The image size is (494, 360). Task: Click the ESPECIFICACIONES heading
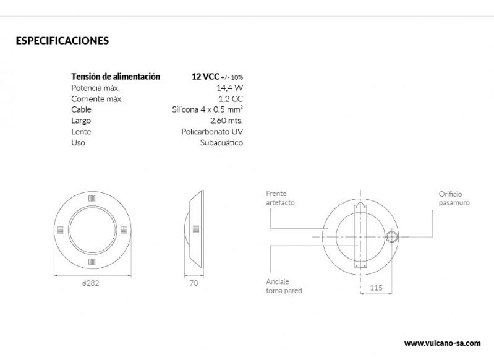pos(62,41)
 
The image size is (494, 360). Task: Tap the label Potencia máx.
pos(91,88)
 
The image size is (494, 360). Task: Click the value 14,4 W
pos(231,88)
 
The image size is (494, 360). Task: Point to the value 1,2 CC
pos(231,99)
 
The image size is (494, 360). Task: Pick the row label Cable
pos(82,109)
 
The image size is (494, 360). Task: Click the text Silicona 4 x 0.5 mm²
pos(207,109)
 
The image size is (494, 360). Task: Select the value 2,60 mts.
pos(227,121)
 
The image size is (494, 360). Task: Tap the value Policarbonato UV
pos(212,132)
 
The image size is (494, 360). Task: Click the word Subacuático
pos(221,143)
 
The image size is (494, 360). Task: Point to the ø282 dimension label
pos(91,284)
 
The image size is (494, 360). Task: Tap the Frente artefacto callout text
pos(280,198)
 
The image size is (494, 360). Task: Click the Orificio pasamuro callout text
pos(454,198)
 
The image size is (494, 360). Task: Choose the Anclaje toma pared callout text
pos(284,285)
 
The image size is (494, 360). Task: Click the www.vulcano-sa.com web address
pos(442,343)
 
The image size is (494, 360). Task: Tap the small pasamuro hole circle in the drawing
pos(391,237)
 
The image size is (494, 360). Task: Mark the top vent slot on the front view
pos(91,199)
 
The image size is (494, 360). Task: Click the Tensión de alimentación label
pos(116,77)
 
